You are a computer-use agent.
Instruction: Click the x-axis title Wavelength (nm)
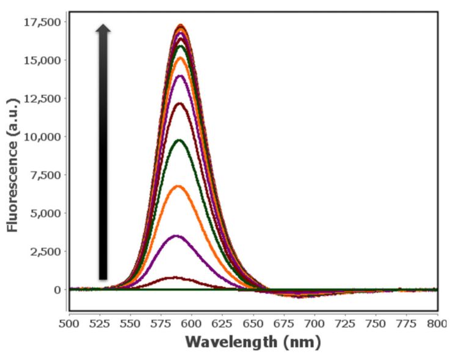(253, 342)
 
